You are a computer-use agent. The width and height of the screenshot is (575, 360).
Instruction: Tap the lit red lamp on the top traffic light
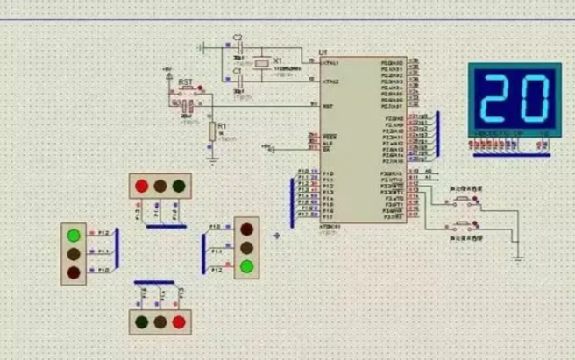[141, 186]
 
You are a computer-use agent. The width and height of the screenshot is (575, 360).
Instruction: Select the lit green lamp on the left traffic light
[74, 235]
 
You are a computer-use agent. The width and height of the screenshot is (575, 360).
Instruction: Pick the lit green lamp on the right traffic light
[248, 265]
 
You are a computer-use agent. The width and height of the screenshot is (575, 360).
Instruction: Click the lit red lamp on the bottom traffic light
[180, 321]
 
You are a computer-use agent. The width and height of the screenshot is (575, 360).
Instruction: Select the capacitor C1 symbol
[236, 78]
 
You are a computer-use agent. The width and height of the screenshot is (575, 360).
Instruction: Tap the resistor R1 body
[211, 131]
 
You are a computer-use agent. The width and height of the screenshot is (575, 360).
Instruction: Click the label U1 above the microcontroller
[323, 53]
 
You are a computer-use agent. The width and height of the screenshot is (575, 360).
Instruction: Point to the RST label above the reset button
[186, 82]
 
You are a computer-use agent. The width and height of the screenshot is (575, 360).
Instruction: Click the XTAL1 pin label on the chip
[331, 63]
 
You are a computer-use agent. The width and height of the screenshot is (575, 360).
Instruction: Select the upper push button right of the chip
[462, 202]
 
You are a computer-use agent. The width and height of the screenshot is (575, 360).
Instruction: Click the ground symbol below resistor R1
[211, 159]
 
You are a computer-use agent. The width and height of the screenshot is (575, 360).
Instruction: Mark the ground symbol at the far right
[517, 257]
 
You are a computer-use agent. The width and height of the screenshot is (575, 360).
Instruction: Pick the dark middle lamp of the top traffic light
[160, 186]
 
